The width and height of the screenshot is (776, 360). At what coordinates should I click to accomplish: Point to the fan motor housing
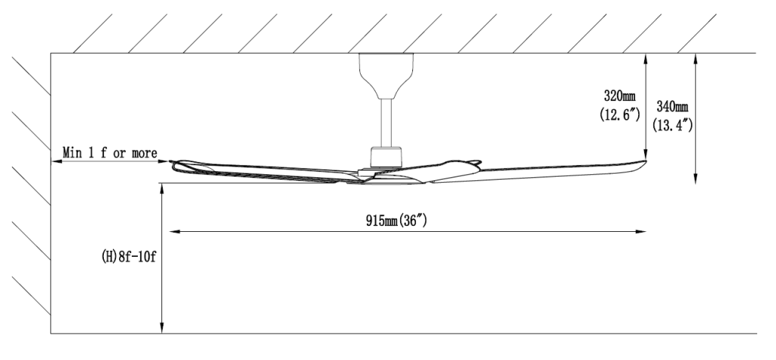click(386, 158)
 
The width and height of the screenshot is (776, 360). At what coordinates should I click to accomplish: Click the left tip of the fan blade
click(172, 161)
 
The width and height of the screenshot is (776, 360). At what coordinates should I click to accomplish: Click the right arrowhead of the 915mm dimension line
click(643, 231)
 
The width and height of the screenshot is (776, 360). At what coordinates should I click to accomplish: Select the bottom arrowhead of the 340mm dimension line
click(696, 182)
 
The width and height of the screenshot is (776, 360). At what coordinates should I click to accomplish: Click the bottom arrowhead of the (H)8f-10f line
click(162, 330)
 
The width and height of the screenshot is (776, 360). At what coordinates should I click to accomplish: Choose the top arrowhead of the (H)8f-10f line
click(162, 186)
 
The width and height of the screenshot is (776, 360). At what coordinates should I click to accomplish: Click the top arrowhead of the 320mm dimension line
click(644, 56)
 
